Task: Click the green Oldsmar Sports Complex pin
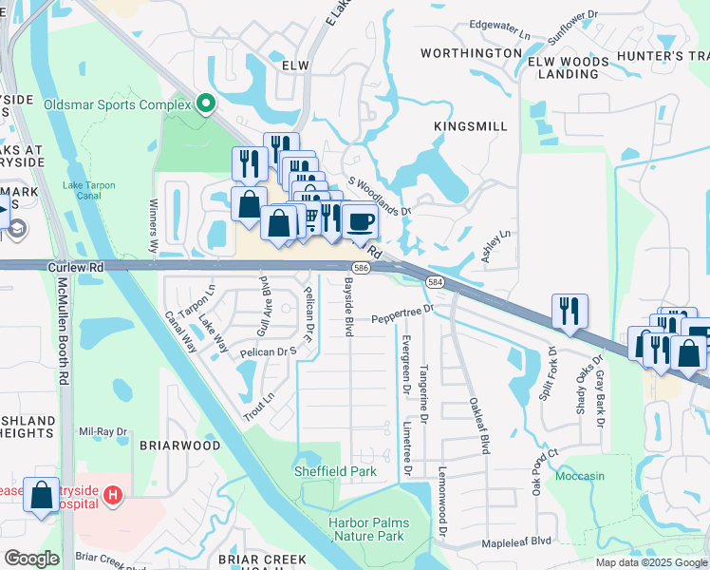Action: pyautogui.click(x=205, y=104)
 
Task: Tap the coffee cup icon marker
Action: pyautogui.click(x=360, y=222)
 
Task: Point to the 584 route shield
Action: pyautogui.click(x=434, y=282)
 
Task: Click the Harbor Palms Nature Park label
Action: pyautogui.click(x=365, y=529)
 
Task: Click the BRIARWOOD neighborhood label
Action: pyautogui.click(x=180, y=446)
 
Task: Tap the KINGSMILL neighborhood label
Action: pyautogui.click(x=471, y=126)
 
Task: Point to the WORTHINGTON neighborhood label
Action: pyautogui.click(x=471, y=53)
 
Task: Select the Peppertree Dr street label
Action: pyautogui.click(x=402, y=314)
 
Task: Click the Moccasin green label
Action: pyautogui.click(x=579, y=475)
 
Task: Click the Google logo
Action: pyautogui.click(x=31, y=558)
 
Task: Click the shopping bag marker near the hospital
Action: pyautogui.click(x=43, y=495)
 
